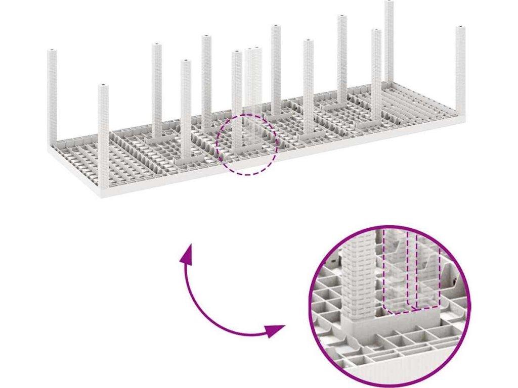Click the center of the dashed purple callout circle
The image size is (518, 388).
click(x=247, y=144)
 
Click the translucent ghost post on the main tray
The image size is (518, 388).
click(x=252, y=81)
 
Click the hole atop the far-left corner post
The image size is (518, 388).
click(x=52, y=51)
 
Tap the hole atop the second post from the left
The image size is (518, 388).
click(x=103, y=86)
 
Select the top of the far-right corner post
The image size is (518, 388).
click(x=460, y=28)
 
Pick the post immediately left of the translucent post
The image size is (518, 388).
click(x=237, y=101)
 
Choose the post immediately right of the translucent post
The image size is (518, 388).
click(x=275, y=71)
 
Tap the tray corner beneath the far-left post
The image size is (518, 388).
click(x=50, y=147)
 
